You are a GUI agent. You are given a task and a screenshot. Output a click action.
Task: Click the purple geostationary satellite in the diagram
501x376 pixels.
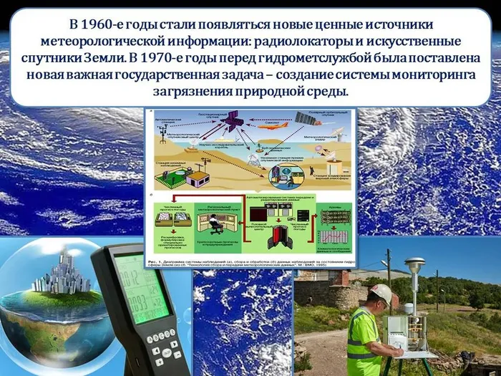pyautogui.click(x=231, y=121)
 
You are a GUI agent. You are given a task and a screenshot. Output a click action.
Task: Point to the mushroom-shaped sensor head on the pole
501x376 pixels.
pyautogui.click(x=414, y=265)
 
